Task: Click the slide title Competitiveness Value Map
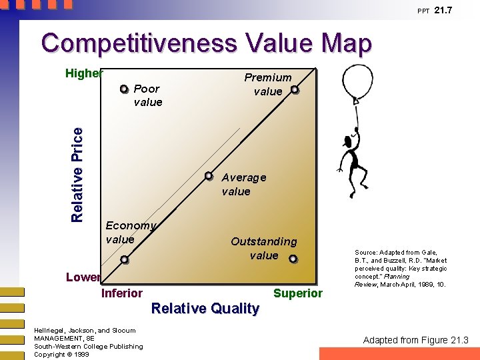click(206, 43)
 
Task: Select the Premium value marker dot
click(295, 89)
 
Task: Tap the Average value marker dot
click(209, 177)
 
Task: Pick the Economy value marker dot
click(124, 260)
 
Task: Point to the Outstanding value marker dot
click(293, 259)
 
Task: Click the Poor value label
click(147, 95)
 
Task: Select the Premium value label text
click(267, 85)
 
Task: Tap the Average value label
click(243, 185)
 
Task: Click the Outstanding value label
click(264, 248)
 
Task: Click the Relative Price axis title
click(77, 174)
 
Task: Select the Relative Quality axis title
click(205, 308)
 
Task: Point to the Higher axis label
click(84, 73)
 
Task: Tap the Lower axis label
click(83, 277)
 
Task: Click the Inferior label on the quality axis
click(121, 293)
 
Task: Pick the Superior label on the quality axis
click(297, 293)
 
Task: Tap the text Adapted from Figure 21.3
click(415, 340)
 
